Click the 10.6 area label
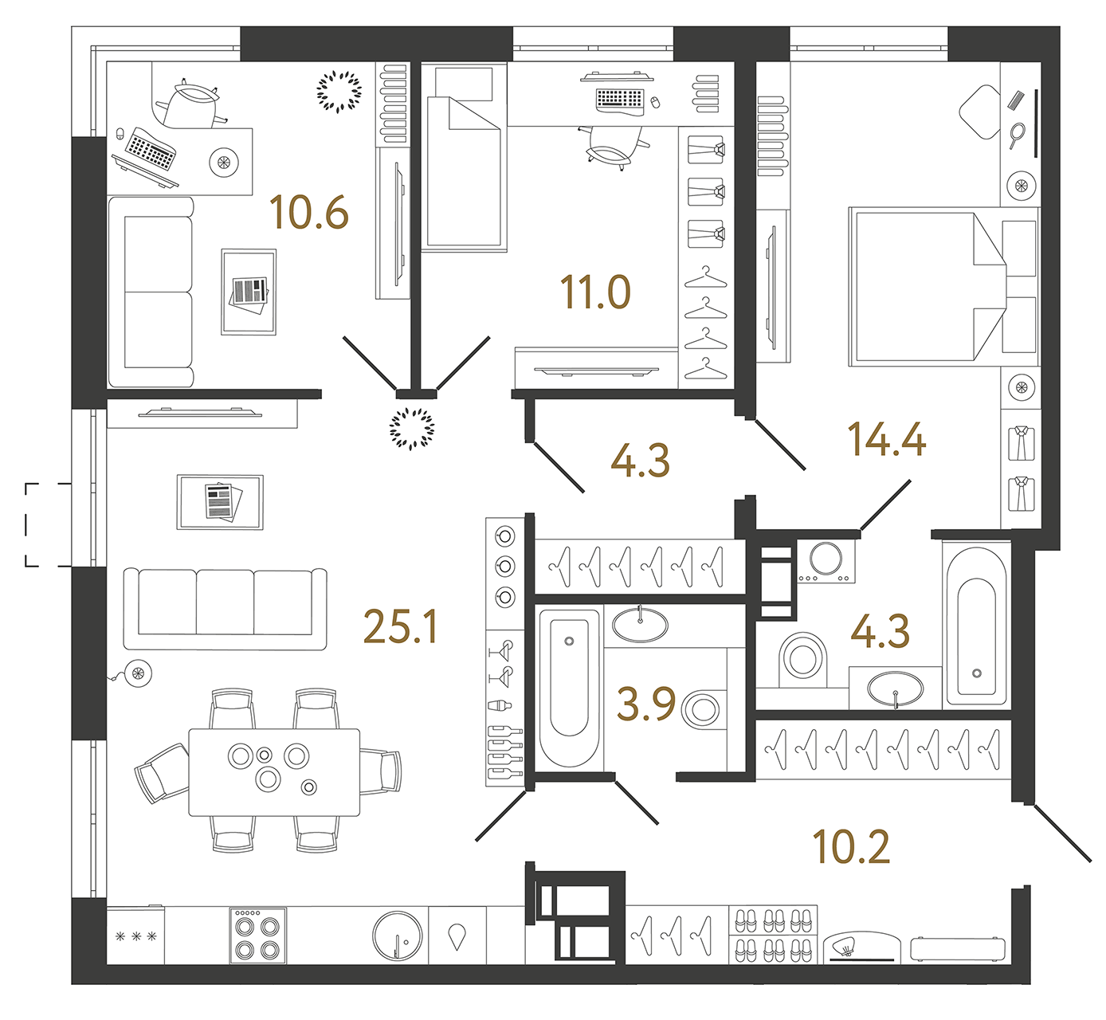point(309,213)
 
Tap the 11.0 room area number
point(595,292)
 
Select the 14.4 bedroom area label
point(887,440)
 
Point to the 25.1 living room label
point(400,627)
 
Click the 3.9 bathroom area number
point(646,704)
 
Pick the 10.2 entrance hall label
point(851,847)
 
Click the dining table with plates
point(274,771)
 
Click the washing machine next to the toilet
point(826,561)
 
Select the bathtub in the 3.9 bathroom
point(569,687)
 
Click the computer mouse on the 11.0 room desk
point(655,102)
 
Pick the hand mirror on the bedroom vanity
point(1018,135)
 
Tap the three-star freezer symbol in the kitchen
point(136,937)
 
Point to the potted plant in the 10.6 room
point(339,91)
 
